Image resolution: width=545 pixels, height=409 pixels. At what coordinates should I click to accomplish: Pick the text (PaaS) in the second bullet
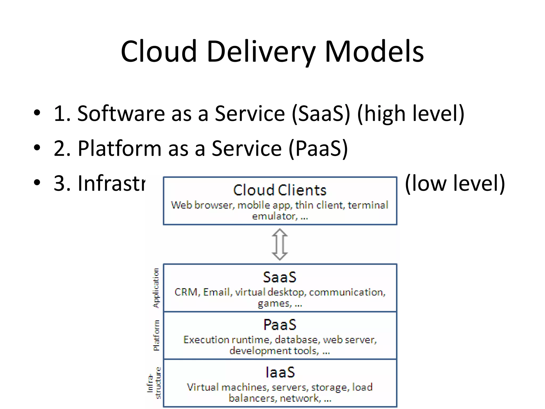318,149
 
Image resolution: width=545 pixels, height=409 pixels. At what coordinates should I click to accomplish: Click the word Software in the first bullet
121,114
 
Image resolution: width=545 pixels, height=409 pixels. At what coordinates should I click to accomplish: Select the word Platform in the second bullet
119,148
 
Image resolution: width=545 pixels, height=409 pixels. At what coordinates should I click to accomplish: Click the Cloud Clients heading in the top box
280,190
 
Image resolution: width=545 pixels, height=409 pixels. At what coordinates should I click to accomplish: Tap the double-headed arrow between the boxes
280,244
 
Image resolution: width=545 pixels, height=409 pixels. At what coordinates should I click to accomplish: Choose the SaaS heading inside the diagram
280,277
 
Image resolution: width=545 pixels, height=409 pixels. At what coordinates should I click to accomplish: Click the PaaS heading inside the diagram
280,325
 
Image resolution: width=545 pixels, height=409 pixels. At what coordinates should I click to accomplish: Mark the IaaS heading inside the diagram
280,372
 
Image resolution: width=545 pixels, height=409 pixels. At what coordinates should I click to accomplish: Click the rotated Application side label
156,288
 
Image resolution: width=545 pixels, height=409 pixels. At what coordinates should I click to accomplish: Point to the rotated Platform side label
156,336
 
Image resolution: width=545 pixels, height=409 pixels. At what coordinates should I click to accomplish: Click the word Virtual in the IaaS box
203,387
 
